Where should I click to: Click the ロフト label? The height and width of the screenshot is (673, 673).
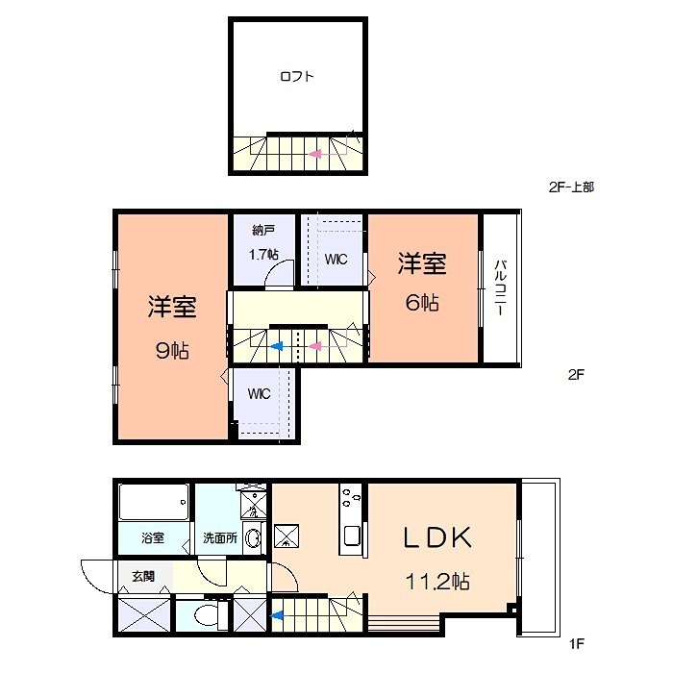297,77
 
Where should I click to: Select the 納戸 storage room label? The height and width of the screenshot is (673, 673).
264,231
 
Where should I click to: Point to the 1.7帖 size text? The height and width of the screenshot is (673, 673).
263,255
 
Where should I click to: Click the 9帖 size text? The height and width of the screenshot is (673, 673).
172,350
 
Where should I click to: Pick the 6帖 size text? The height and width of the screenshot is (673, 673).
422,303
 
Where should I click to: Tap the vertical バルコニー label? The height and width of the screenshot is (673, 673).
501,288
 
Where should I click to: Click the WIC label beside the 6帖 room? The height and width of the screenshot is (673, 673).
336,260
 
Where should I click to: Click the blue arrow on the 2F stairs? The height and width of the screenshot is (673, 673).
277,347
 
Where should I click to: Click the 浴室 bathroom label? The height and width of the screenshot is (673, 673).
153,538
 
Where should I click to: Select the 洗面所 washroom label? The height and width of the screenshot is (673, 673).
220,538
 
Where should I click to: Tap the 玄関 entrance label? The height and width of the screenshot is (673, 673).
142,576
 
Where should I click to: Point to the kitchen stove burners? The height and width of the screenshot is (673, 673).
350,500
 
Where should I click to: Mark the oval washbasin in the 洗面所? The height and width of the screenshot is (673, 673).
253,538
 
